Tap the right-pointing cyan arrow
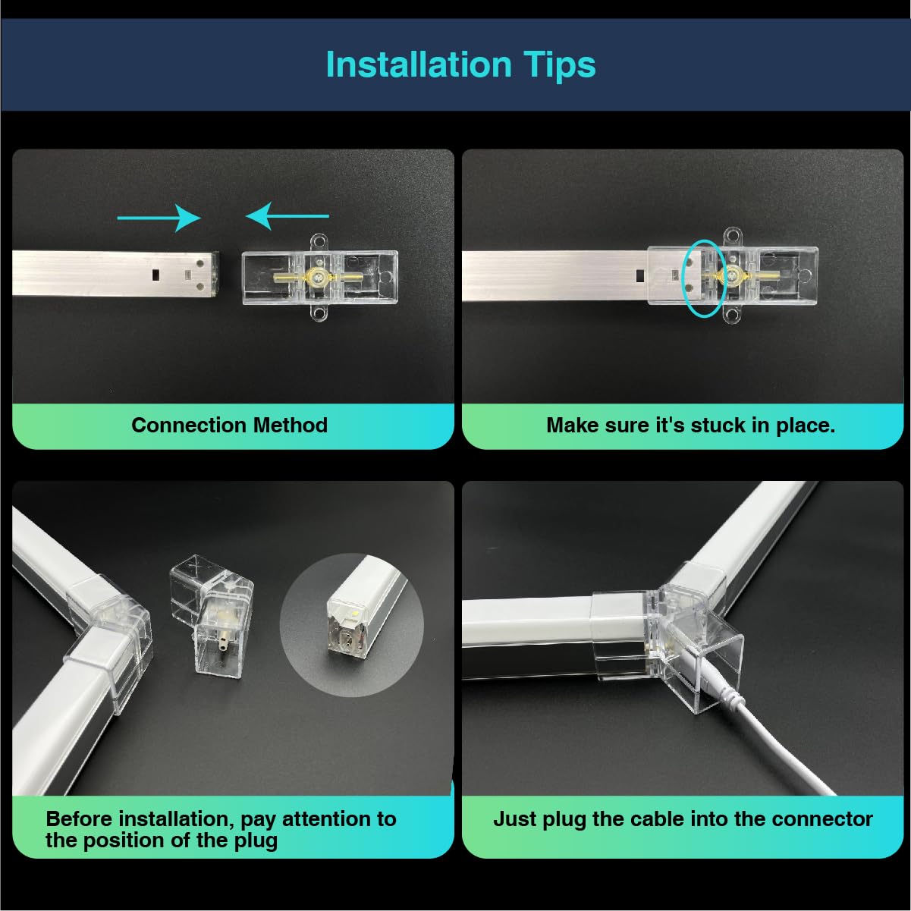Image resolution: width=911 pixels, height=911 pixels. point(159,218)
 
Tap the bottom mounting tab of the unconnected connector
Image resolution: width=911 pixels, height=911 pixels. point(319,314)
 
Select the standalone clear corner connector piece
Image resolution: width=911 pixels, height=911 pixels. point(210,614)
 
